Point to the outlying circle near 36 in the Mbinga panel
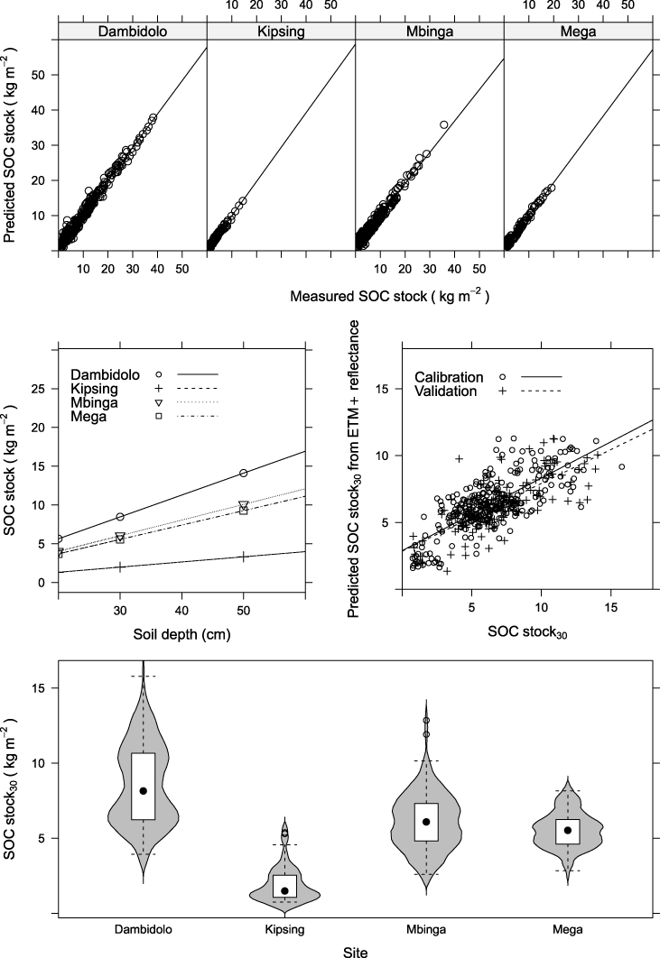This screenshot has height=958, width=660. coord(443,124)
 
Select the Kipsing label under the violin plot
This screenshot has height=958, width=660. coord(284,929)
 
